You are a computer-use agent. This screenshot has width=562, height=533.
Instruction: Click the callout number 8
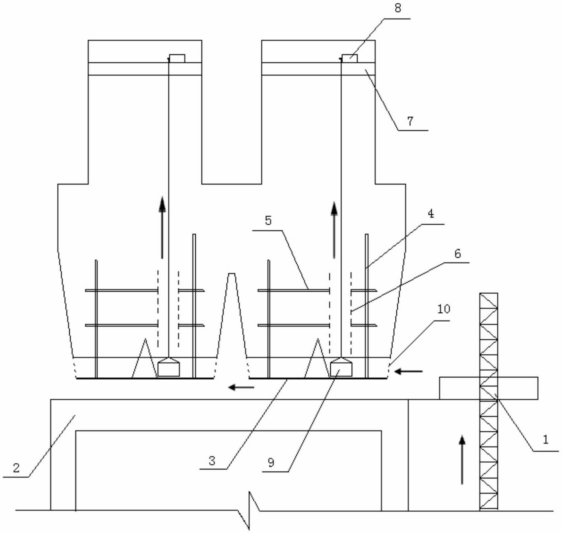pos(398,8)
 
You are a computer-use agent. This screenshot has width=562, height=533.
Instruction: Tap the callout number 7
pos(410,121)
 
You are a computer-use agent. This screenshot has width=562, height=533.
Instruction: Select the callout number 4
pos(431,214)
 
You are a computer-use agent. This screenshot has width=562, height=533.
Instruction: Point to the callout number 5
pos(268,220)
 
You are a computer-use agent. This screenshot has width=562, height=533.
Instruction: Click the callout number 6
pos(458,253)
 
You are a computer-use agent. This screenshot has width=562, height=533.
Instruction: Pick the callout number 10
pos(444,309)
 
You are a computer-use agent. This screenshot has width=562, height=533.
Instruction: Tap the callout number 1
pos(545,439)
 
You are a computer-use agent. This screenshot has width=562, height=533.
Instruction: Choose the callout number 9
pos(271,463)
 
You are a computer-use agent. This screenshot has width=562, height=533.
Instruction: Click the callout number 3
pos(212,461)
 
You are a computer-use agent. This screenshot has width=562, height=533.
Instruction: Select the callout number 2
pos(16,468)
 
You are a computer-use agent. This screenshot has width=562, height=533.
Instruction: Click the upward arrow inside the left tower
pos(162,227)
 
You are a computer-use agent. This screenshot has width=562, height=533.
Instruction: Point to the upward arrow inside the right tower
pos(334,230)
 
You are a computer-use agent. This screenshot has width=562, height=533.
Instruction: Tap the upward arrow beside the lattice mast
pos(462,460)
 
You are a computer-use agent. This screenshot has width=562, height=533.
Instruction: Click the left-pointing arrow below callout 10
pos(409,371)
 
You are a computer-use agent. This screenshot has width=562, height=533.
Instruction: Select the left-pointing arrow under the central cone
pos(241,387)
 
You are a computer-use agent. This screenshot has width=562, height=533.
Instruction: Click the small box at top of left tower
pos(177,58)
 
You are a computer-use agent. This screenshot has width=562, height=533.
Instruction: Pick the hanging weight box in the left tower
pos(169,367)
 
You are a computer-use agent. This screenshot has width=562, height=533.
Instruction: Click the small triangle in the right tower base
pos(317,358)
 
